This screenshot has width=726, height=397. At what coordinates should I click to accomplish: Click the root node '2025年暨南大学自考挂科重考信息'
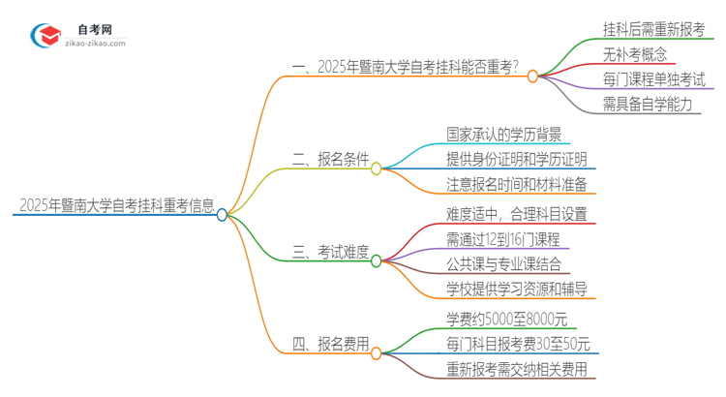point(113,205)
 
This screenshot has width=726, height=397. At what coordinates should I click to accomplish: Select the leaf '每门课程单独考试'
point(653,79)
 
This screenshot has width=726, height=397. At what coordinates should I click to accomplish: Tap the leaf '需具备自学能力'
point(647,105)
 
